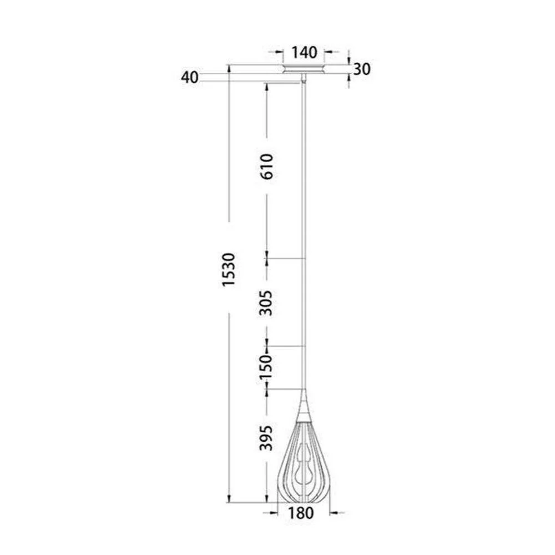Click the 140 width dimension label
click(x=304, y=53)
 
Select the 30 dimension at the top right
click(x=362, y=69)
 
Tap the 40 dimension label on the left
click(x=190, y=78)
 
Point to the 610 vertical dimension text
click(x=267, y=165)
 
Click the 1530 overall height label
click(x=229, y=270)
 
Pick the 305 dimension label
click(x=267, y=302)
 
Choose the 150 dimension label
click(x=267, y=366)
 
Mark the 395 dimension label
click(x=267, y=438)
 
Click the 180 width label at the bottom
click(x=301, y=513)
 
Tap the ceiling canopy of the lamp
click(x=304, y=69)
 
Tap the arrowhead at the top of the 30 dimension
click(x=349, y=60)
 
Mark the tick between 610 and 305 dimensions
click(x=267, y=259)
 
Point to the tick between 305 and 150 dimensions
click(x=267, y=346)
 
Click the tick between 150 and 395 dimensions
click(x=267, y=389)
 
